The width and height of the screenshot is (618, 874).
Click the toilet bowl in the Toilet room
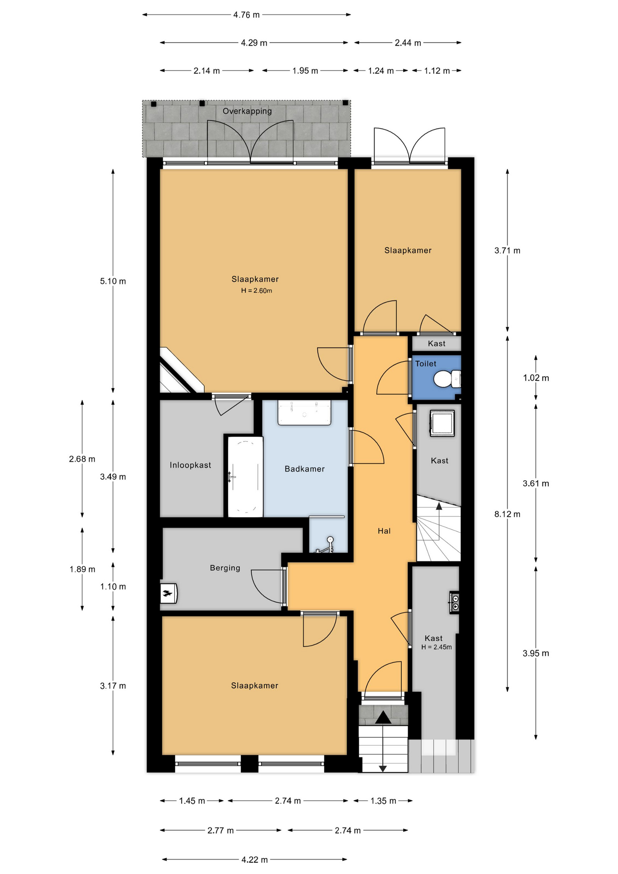(x=447, y=379)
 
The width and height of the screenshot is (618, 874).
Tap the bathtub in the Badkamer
(x=245, y=477)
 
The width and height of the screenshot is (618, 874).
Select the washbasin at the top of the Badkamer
(x=304, y=413)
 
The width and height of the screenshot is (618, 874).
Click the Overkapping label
(x=247, y=111)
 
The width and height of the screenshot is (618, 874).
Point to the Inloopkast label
(x=190, y=465)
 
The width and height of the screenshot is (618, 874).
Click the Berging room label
(x=225, y=568)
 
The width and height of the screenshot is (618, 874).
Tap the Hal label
(x=384, y=531)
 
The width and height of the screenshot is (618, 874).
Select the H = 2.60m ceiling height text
(x=257, y=291)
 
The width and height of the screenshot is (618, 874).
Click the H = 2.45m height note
(x=436, y=647)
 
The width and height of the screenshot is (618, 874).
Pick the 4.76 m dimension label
(x=247, y=15)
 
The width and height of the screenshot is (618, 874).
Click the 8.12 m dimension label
(x=507, y=514)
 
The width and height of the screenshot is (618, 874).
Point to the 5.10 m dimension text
(x=113, y=281)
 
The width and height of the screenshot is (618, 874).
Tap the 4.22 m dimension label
(x=255, y=860)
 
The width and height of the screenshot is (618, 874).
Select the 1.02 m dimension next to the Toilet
(x=536, y=378)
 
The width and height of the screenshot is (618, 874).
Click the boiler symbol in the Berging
(x=168, y=593)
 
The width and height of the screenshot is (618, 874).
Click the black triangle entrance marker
(x=383, y=717)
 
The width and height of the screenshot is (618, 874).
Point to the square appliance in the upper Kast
(x=442, y=423)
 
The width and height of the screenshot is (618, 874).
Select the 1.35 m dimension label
(x=383, y=801)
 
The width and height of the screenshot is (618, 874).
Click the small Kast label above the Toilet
(x=437, y=344)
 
